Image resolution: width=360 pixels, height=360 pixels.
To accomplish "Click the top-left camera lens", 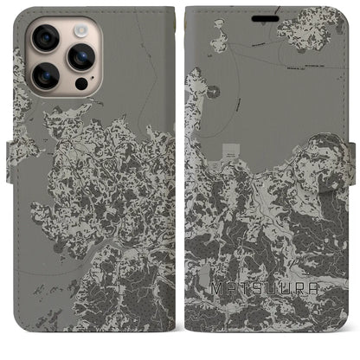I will (x=45, y=37).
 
